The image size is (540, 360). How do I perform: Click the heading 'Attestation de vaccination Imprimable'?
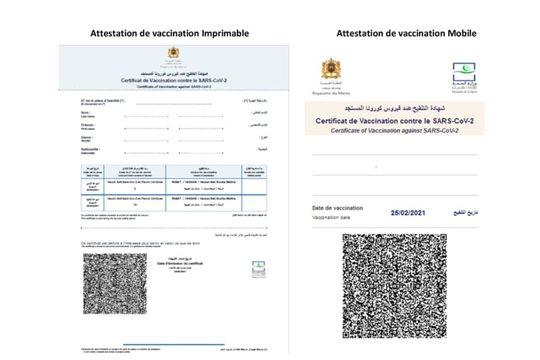coord(169,33)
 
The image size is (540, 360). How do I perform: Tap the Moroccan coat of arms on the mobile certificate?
coord(331,70)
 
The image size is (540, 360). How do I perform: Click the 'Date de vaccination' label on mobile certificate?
coord(337,208)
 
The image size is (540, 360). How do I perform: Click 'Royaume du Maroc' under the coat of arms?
coord(331,93)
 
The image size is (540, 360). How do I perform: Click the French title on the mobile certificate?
coord(394,121)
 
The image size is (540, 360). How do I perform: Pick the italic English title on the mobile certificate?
coord(394,130)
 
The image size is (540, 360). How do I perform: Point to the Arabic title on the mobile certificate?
coord(394,108)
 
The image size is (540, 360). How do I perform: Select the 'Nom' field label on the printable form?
coord(84,113)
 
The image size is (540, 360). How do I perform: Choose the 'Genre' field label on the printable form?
coord(85,136)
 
